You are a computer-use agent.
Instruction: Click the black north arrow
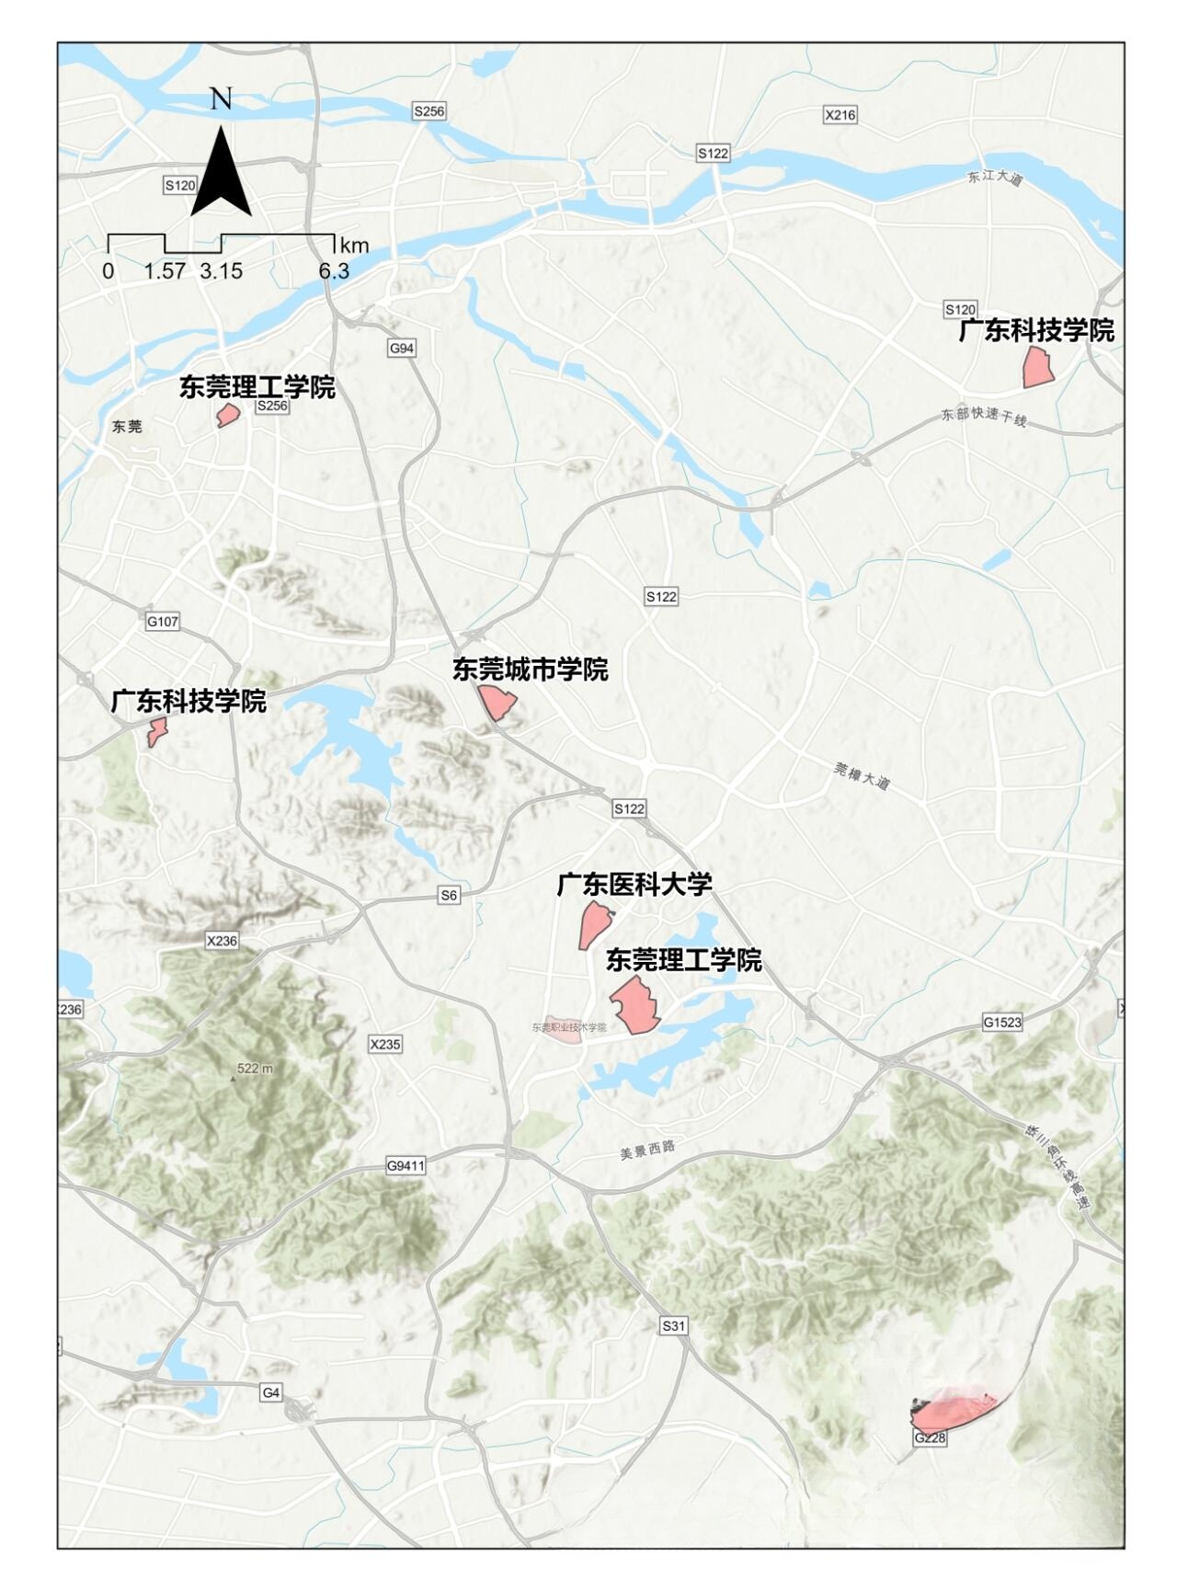click(x=221, y=175)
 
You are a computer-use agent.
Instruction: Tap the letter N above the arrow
click(x=221, y=98)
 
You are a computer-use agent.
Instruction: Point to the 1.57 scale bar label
click(x=165, y=271)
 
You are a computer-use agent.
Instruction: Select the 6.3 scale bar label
click(x=334, y=271)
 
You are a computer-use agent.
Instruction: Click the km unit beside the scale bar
click(x=354, y=246)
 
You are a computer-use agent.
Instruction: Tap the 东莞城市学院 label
click(x=530, y=670)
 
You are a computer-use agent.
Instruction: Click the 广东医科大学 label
click(x=634, y=885)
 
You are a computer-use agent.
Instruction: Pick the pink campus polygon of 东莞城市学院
click(x=497, y=703)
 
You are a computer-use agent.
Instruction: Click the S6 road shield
click(x=449, y=895)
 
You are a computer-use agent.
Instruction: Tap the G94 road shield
click(x=402, y=348)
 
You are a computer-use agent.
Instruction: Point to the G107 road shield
click(x=163, y=622)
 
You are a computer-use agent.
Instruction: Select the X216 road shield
click(x=840, y=115)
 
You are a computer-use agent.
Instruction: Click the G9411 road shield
click(x=406, y=1166)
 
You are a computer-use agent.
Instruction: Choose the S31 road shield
click(x=674, y=1325)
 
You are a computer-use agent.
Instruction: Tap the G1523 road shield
click(x=1001, y=1022)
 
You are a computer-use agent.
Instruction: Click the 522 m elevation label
click(x=255, y=1069)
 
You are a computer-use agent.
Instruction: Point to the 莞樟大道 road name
click(x=862, y=776)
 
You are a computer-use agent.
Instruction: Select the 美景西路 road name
click(x=647, y=1149)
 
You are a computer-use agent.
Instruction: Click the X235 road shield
click(x=385, y=1044)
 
